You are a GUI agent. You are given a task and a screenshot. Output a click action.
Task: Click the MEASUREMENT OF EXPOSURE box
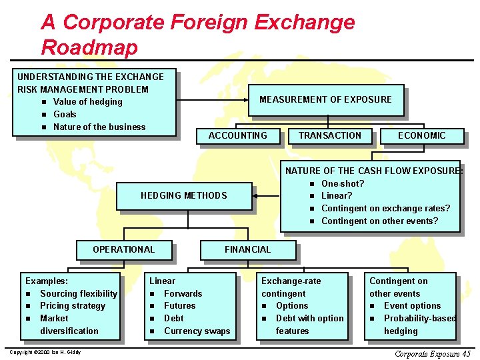(325, 100)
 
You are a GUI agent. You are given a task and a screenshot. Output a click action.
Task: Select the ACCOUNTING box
(237, 135)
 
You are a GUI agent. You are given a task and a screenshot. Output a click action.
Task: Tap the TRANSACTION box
(329, 135)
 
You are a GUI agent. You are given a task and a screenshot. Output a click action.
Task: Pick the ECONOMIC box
(421, 135)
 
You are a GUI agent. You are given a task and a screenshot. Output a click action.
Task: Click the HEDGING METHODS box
(183, 195)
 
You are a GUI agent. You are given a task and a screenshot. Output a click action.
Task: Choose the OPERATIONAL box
(123, 249)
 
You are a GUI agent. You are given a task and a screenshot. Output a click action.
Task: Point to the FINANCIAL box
(247, 249)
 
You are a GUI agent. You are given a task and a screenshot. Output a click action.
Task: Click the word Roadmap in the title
(89, 47)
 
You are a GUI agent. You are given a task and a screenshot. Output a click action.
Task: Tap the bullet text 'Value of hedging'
(87, 102)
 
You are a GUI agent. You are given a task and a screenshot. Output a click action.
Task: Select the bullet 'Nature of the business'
(99, 127)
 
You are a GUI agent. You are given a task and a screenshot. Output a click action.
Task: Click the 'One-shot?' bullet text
(343, 183)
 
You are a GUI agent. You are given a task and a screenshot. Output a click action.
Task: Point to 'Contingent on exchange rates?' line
(385, 209)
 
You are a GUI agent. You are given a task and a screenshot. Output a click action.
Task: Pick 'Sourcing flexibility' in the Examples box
(79, 293)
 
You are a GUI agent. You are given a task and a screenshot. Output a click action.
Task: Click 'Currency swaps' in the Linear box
(197, 331)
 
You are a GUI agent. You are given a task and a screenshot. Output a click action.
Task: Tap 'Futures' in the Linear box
(179, 306)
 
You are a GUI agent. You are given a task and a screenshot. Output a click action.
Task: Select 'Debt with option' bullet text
(309, 319)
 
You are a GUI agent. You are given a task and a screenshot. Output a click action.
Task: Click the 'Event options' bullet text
(412, 306)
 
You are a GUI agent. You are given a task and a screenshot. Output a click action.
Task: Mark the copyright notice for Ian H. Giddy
(44, 352)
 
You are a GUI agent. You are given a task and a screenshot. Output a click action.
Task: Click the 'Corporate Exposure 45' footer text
(432, 353)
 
